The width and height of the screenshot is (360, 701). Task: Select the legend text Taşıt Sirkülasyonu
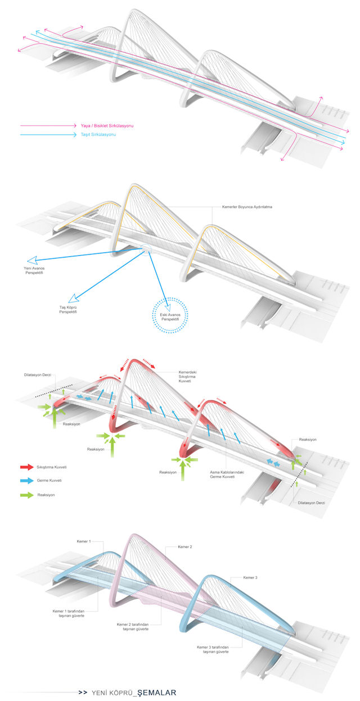pyautogui.click(x=99, y=135)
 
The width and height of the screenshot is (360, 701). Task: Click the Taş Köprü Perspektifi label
pyautogui.click(x=67, y=310)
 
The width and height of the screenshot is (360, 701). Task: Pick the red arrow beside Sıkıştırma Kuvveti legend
pyautogui.click(x=26, y=467)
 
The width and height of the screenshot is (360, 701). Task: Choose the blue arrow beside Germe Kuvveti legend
pyautogui.click(x=26, y=481)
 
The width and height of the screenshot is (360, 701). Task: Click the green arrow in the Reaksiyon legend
pyautogui.click(x=26, y=495)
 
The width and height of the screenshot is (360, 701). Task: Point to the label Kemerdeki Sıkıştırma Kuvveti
pyautogui.click(x=181, y=377)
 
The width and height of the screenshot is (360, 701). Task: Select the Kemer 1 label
pyautogui.click(x=83, y=541)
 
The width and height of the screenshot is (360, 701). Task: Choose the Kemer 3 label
pyautogui.click(x=251, y=577)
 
